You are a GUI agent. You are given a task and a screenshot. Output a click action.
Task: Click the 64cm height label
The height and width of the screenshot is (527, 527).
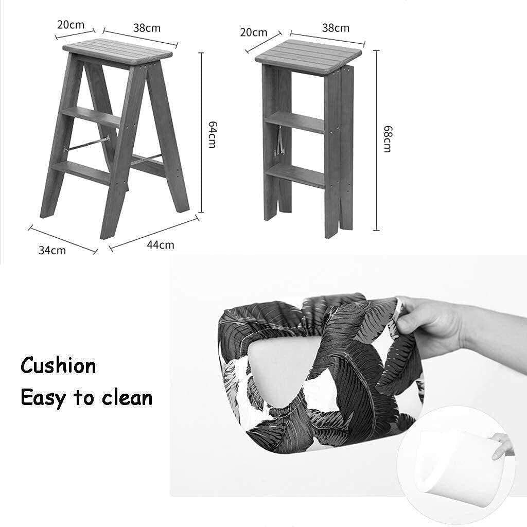pos(211,135)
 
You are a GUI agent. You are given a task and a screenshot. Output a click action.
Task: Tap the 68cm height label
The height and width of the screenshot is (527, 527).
pos(387,139)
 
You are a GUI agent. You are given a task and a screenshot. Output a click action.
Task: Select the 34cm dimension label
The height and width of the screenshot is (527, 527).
pos(52,250)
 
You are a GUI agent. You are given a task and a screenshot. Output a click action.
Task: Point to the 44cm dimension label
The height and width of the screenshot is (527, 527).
pos(160,244)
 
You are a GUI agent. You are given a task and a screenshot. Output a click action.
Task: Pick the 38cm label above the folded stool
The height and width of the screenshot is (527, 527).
pos(336,28)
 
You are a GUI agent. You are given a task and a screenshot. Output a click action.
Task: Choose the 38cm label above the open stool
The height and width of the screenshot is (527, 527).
pos(147,28)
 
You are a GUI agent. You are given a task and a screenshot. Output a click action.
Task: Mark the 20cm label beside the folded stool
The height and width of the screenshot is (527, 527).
pos(254,32)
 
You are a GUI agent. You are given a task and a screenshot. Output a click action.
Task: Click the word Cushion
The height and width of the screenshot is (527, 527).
pos(58,366)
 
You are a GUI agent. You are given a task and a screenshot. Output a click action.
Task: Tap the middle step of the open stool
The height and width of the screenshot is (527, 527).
pos(92,116)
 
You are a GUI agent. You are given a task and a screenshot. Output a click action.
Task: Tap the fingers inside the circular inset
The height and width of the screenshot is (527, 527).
pos(501,445)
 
